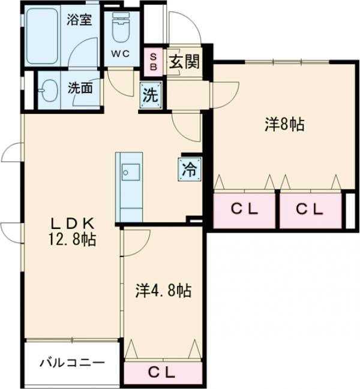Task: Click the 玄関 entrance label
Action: point(183,62)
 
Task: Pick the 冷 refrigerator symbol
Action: point(188,168)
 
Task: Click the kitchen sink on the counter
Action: point(130,171)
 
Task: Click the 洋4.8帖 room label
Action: point(163,292)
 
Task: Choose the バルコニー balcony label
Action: point(71,363)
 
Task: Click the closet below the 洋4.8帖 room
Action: point(163,372)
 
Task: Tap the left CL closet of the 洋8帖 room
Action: point(245,209)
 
